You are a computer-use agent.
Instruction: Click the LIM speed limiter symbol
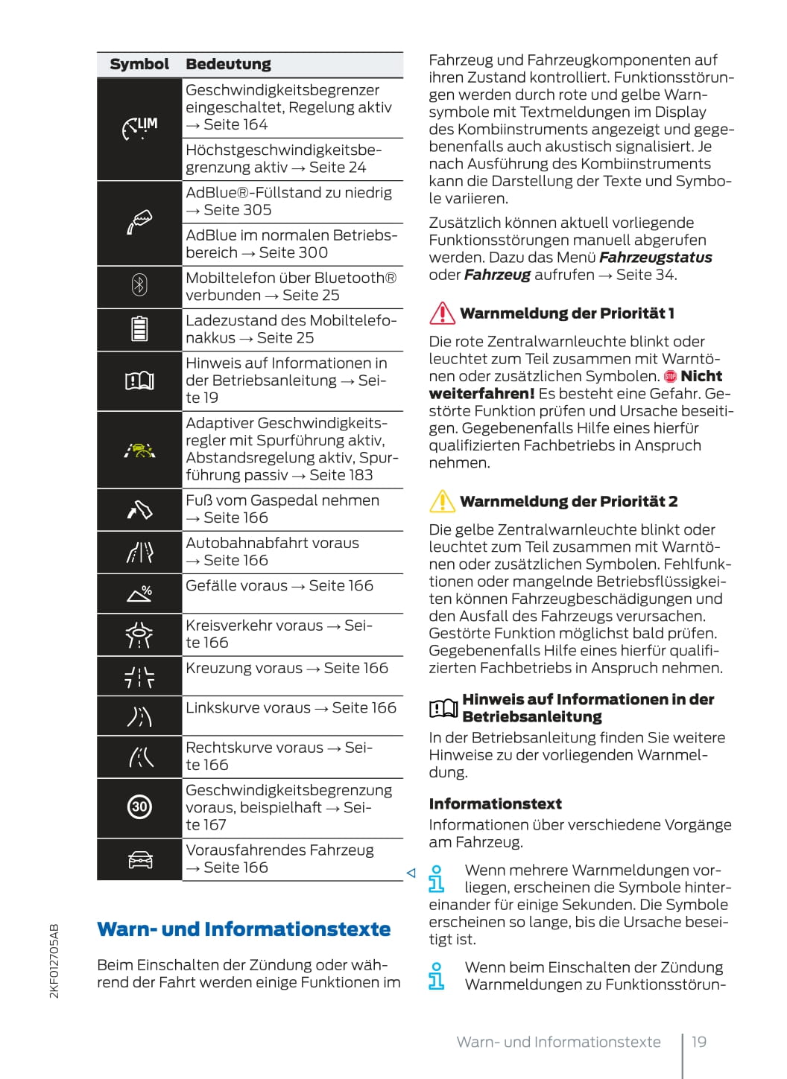pos(139,128)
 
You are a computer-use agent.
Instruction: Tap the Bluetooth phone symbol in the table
pos(139,285)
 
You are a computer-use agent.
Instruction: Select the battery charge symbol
pos(139,328)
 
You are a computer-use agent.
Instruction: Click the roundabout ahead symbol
pos(139,634)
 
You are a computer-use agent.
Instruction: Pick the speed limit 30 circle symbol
pos(139,806)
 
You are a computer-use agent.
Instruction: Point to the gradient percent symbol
pos(139,593)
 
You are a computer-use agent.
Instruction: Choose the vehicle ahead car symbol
pos(139,859)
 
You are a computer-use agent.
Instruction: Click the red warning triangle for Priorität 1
pos(442,313)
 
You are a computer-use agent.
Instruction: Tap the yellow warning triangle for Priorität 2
pos(442,501)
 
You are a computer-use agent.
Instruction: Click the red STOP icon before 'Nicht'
pos(670,377)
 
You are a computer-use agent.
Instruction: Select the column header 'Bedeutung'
pos(228,64)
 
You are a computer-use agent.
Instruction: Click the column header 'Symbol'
pos(139,64)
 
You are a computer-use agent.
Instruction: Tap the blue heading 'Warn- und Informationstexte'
pos(244,929)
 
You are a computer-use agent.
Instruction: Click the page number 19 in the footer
pos(698,1042)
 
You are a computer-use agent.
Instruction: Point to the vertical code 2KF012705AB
pos(54,961)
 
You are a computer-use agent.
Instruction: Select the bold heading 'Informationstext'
pos(495,803)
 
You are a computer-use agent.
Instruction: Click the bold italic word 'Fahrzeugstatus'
pos(655,258)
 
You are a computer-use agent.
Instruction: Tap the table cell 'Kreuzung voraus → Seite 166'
pos(287,668)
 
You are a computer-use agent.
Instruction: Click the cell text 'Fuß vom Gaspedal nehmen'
pos(282,500)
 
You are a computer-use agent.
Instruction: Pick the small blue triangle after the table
pos(411,873)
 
